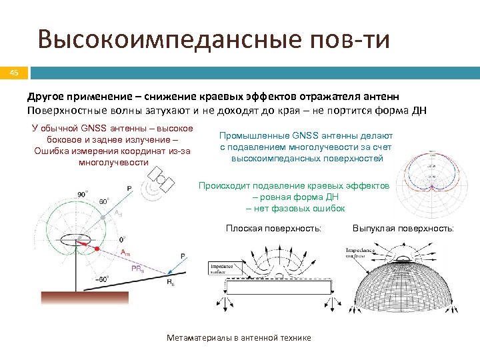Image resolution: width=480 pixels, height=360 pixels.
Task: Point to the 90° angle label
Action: [83, 193]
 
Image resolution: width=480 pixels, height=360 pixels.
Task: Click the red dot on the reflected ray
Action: [98, 248]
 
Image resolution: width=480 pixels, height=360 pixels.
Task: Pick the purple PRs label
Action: [138, 269]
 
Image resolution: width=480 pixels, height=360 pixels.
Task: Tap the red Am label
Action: [125, 253]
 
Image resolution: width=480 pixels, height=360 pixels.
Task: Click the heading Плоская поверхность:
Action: [273, 229]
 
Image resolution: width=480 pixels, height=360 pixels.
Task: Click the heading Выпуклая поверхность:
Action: [403, 229]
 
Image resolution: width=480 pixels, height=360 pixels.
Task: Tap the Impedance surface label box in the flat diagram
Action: [221, 267]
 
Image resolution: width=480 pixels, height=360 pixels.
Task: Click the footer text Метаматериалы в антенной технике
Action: [238, 338]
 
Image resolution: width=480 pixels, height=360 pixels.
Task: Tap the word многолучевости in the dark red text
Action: [113, 162]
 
